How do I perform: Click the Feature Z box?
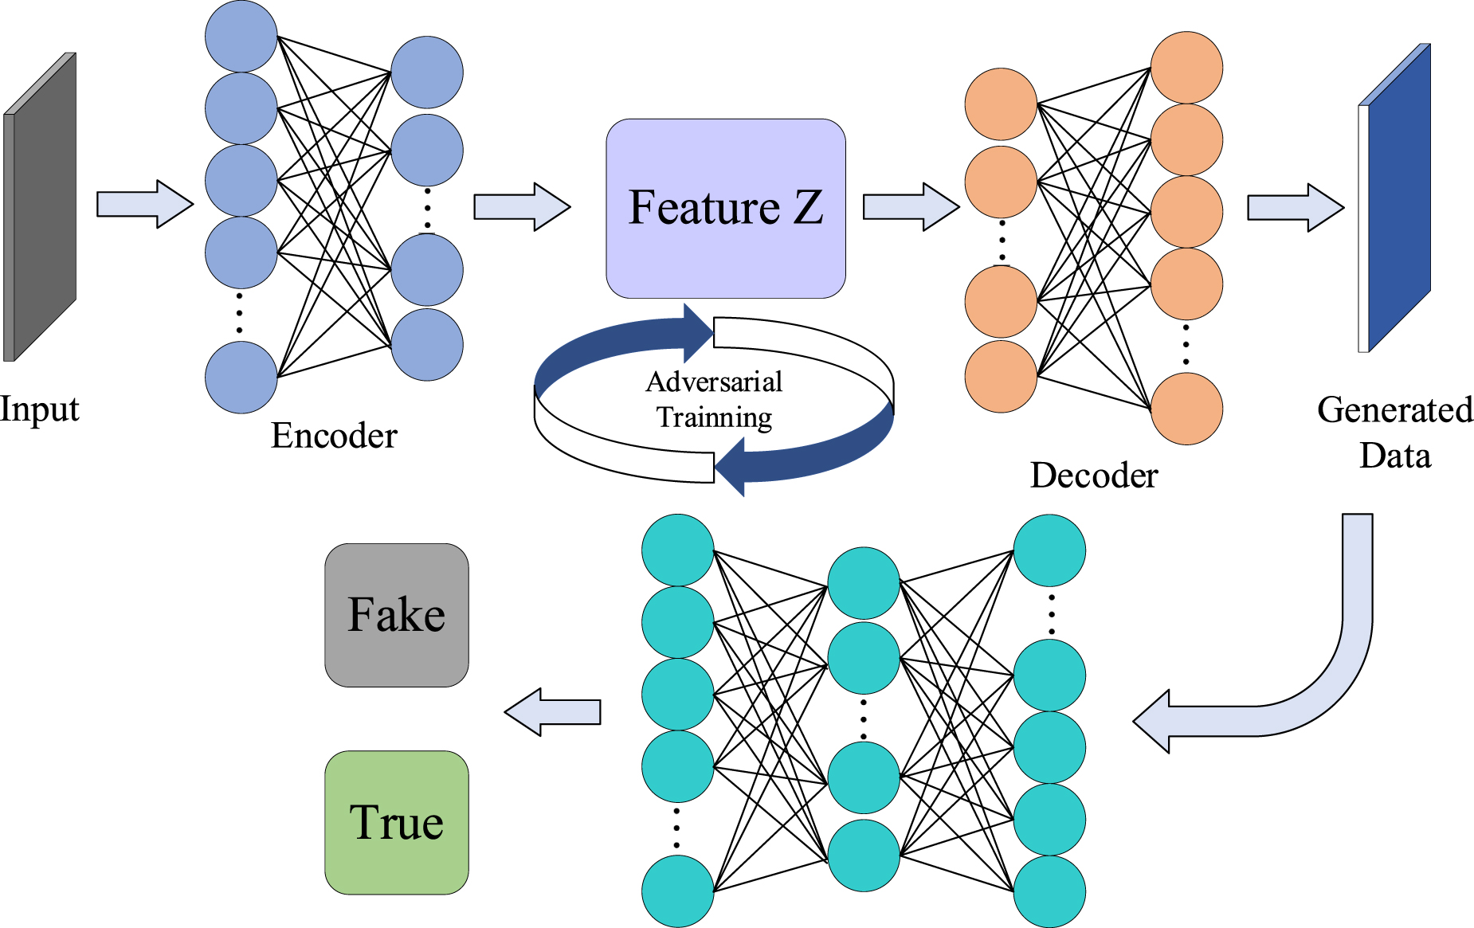click(725, 209)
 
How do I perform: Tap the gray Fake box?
click(396, 615)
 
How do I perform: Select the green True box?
click(396, 822)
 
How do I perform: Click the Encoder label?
click(334, 436)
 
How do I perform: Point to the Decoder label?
click(1093, 476)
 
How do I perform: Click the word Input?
click(39, 409)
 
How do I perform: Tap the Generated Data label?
click(1394, 433)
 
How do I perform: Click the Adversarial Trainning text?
click(714, 399)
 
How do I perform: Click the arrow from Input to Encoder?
click(144, 204)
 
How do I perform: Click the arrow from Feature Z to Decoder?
click(911, 207)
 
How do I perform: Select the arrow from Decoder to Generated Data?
click(1295, 208)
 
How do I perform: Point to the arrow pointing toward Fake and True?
click(553, 711)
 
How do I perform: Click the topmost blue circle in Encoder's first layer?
click(241, 36)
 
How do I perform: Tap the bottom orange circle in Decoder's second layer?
click(1186, 409)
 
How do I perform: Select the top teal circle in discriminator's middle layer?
click(864, 583)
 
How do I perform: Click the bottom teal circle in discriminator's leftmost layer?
click(677, 891)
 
